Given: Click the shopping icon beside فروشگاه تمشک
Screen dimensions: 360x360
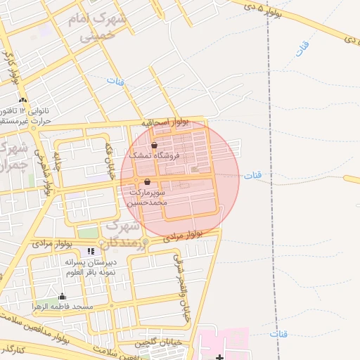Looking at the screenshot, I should tap(154, 145).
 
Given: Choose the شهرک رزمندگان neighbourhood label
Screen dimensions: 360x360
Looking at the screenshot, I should tap(124, 235).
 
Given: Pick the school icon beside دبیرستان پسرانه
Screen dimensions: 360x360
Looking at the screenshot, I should tap(90, 252).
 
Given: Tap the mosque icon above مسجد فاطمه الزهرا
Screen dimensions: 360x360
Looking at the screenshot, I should tap(62, 296).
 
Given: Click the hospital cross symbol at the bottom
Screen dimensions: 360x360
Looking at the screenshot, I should tap(220, 357).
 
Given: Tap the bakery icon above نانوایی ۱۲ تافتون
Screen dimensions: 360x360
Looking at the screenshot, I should tap(23, 100).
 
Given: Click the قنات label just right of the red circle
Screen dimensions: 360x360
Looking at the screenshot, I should tap(252, 175).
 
